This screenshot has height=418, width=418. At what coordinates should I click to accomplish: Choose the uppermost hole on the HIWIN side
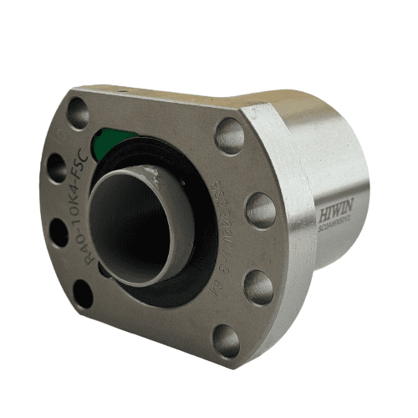click(229, 135)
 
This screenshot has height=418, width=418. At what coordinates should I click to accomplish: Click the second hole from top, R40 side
click(56, 167)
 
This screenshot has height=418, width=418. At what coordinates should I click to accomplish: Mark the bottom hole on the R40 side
click(83, 293)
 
